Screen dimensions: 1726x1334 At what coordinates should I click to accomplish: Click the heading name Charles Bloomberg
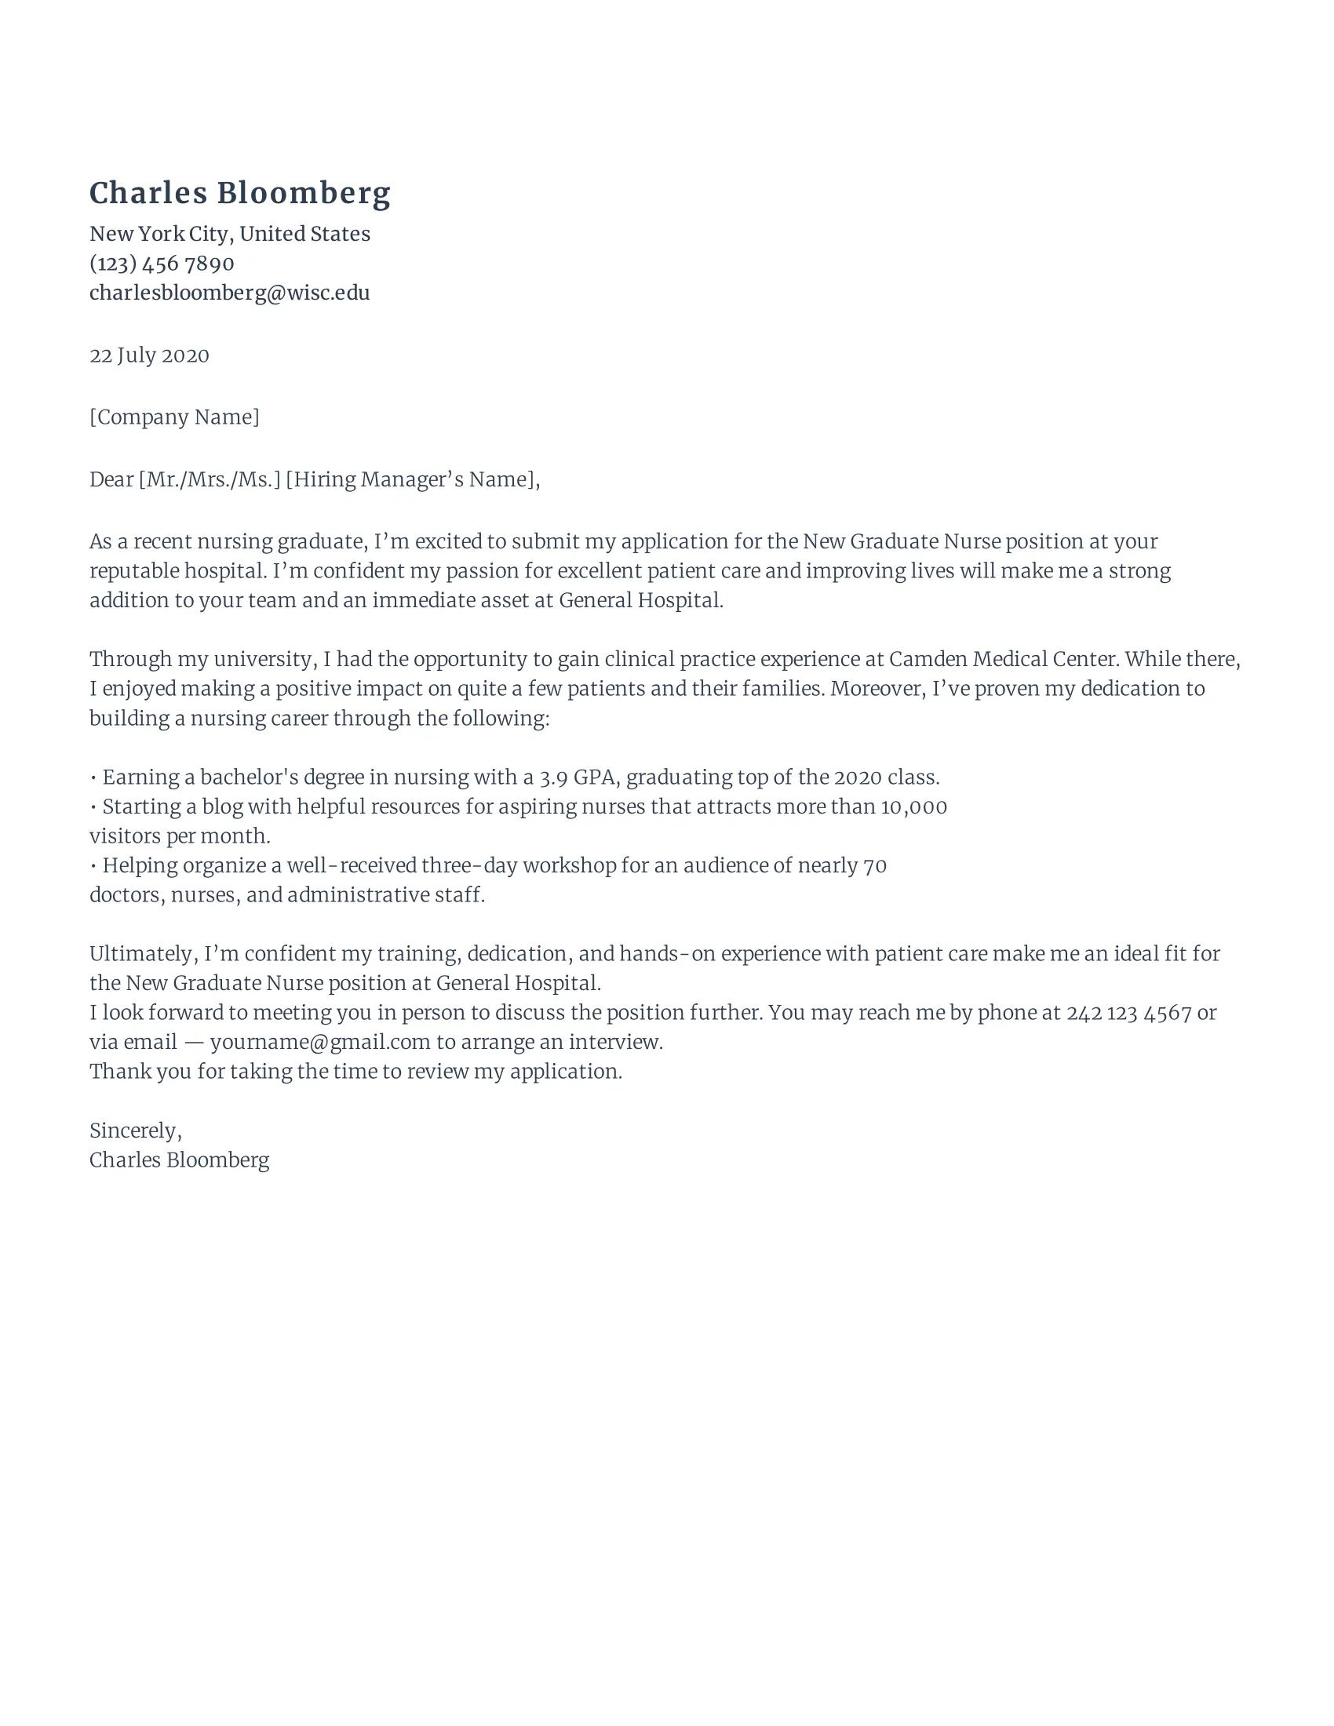coord(239,194)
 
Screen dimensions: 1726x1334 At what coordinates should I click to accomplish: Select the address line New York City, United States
coord(229,234)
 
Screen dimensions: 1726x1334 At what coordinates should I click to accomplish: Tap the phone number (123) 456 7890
coord(161,263)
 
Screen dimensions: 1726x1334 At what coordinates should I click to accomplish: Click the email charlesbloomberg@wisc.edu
coord(229,293)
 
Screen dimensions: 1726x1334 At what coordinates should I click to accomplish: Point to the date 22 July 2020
coord(148,355)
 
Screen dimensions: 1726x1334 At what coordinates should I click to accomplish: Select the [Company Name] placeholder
coord(174,417)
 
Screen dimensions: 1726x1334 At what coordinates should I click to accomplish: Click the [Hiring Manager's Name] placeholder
coord(410,479)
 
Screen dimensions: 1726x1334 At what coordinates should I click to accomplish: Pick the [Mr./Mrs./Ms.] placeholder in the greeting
coord(210,479)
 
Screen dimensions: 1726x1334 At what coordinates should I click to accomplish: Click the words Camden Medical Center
coord(1003,659)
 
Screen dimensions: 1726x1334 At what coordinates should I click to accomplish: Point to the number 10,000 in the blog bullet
coord(913,807)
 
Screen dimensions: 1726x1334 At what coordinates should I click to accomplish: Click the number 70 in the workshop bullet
coord(875,866)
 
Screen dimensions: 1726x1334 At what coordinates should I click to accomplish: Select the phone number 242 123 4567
coord(1128,1013)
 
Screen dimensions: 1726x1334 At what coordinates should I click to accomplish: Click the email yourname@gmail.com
coord(320,1043)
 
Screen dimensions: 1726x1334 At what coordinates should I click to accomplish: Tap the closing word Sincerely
coord(134,1131)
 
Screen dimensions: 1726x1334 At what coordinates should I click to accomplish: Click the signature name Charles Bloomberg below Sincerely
coord(180,1160)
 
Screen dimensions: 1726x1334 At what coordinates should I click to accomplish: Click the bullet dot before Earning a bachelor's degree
coord(93,778)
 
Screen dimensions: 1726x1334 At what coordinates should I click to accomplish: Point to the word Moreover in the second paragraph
coord(875,688)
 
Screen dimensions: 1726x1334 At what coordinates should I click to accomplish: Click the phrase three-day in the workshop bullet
coord(468,866)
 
